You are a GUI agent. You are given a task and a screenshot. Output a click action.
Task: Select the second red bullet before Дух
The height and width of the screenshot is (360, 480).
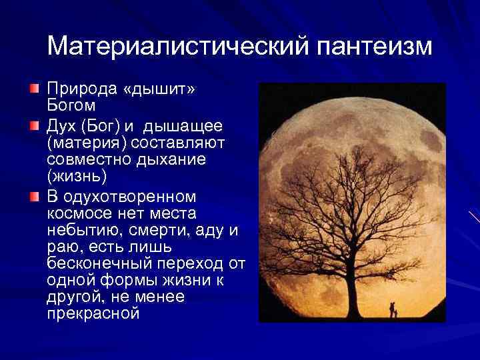pyautogui.click(x=35, y=125)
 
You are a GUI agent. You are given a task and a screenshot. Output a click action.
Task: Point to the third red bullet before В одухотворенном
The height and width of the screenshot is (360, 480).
pyautogui.click(x=35, y=197)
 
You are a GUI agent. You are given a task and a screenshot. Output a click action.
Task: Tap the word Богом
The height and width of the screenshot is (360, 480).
pyautogui.click(x=71, y=105)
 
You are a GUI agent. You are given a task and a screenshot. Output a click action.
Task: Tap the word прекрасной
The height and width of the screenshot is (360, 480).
pyautogui.click(x=93, y=313)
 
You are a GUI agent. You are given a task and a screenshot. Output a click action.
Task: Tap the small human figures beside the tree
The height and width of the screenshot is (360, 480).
pyautogui.click(x=393, y=309)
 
